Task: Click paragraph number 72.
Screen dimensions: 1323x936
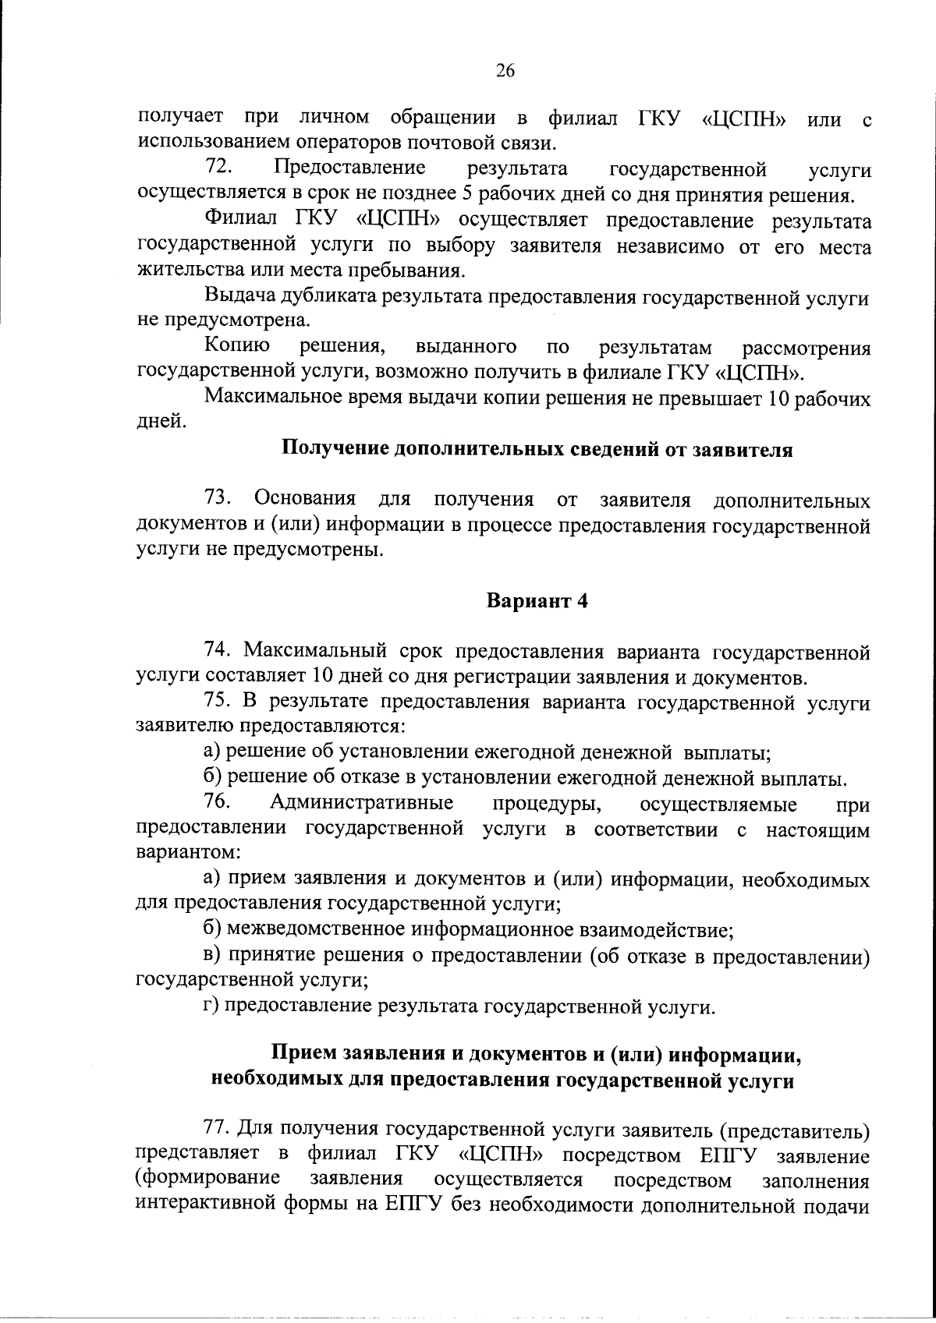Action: [x=219, y=168]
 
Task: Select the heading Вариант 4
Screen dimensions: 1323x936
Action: [x=537, y=601]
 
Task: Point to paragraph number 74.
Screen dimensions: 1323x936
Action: [x=219, y=650]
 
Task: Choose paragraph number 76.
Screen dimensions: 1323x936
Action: [x=219, y=802]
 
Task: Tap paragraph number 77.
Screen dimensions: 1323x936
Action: [x=219, y=1127]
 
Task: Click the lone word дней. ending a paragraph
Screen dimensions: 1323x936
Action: [x=161, y=423]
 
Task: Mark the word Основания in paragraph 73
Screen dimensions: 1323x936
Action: [x=305, y=498]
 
